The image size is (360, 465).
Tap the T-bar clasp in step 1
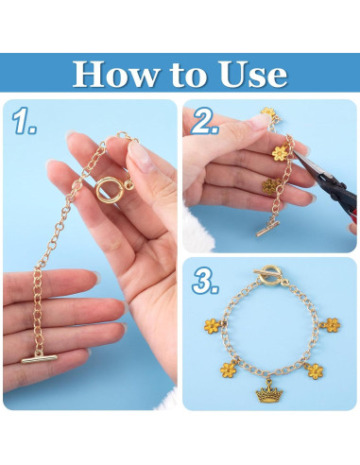click(43, 359)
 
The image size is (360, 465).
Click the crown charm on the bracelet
click(269, 388)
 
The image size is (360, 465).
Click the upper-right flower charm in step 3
click(332, 325)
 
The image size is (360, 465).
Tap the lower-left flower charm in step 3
click(229, 369)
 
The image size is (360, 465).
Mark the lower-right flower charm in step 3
click(313, 370)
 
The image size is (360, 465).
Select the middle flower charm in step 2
click(279, 152)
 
